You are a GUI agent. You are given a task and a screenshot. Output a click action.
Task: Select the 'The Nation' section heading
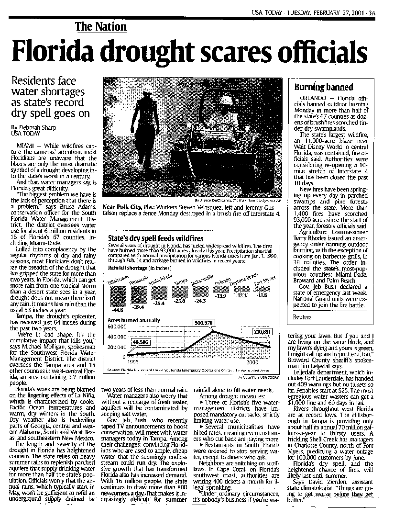(x=100, y=27)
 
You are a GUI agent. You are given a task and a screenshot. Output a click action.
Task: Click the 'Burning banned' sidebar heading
(x=317, y=87)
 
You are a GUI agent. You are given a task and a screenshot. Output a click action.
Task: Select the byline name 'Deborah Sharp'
(x=41, y=127)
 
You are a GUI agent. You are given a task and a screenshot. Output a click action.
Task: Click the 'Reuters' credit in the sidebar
(x=302, y=317)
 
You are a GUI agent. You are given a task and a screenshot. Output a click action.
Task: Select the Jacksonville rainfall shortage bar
(x=197, y=291)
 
